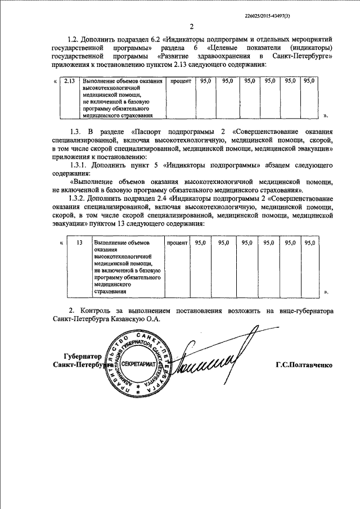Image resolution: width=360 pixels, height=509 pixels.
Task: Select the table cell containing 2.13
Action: click(70, 82)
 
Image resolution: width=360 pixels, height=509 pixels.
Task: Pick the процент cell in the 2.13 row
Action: click(181, 82)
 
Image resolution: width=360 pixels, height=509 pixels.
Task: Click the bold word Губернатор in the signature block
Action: click(83, 357)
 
